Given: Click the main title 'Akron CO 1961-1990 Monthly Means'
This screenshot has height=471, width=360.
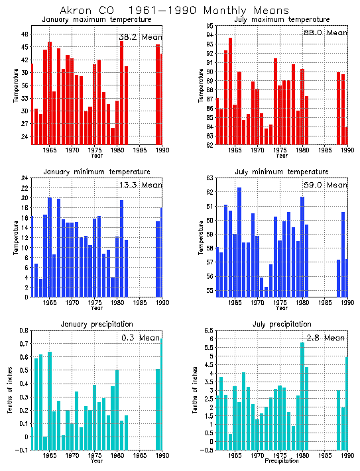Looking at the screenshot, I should pos(174,11).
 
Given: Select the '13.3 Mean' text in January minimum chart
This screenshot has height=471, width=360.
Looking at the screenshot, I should pos(140,185).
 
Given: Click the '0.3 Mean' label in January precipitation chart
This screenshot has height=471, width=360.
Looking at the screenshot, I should pos(141,338).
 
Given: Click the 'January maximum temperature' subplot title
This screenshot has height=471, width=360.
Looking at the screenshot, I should pos(97,20).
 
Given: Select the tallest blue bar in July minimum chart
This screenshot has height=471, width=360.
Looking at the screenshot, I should pos(239,242).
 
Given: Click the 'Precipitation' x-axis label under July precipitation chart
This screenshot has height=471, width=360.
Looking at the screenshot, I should pos(282,461).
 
